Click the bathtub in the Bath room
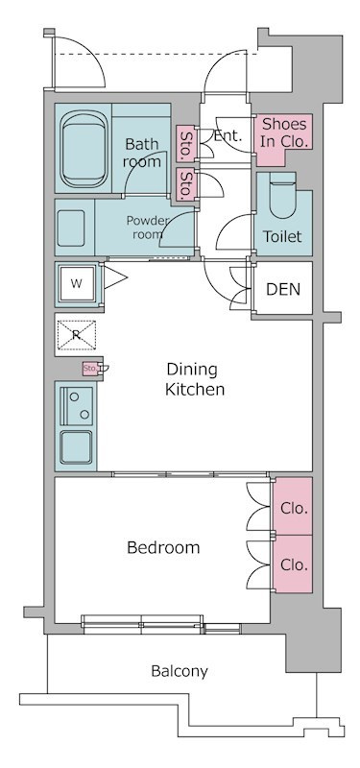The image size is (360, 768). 84,149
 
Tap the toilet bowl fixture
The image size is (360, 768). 283,195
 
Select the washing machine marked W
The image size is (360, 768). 77,284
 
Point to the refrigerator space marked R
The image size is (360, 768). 77,335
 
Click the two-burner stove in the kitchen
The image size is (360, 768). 77,406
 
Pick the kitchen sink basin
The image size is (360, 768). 76,447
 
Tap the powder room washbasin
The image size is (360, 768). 71,228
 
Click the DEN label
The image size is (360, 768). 283,289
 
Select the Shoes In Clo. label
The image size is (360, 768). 284,132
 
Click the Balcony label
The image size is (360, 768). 180,671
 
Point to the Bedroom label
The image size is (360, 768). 163,547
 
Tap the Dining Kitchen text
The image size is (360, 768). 195,379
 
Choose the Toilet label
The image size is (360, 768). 282,236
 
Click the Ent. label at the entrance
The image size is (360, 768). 228,135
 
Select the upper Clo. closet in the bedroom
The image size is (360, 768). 293,507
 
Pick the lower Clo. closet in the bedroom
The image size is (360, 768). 293,564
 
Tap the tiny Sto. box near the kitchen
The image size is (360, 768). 90,368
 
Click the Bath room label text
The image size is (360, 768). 141,153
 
